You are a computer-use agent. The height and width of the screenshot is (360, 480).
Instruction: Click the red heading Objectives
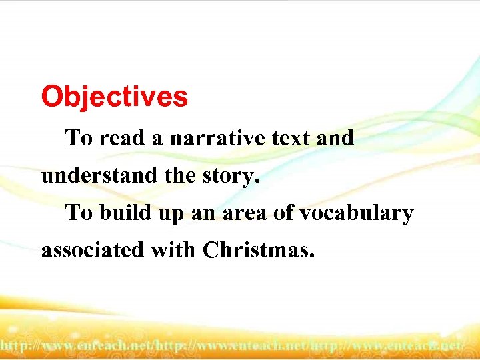click(115, 97)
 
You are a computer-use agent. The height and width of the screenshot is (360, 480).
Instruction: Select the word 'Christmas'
click(258, 251)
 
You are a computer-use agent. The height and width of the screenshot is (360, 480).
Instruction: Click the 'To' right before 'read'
click(79, 139)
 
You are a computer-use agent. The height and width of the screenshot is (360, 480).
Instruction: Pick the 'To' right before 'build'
click(79, 213)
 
